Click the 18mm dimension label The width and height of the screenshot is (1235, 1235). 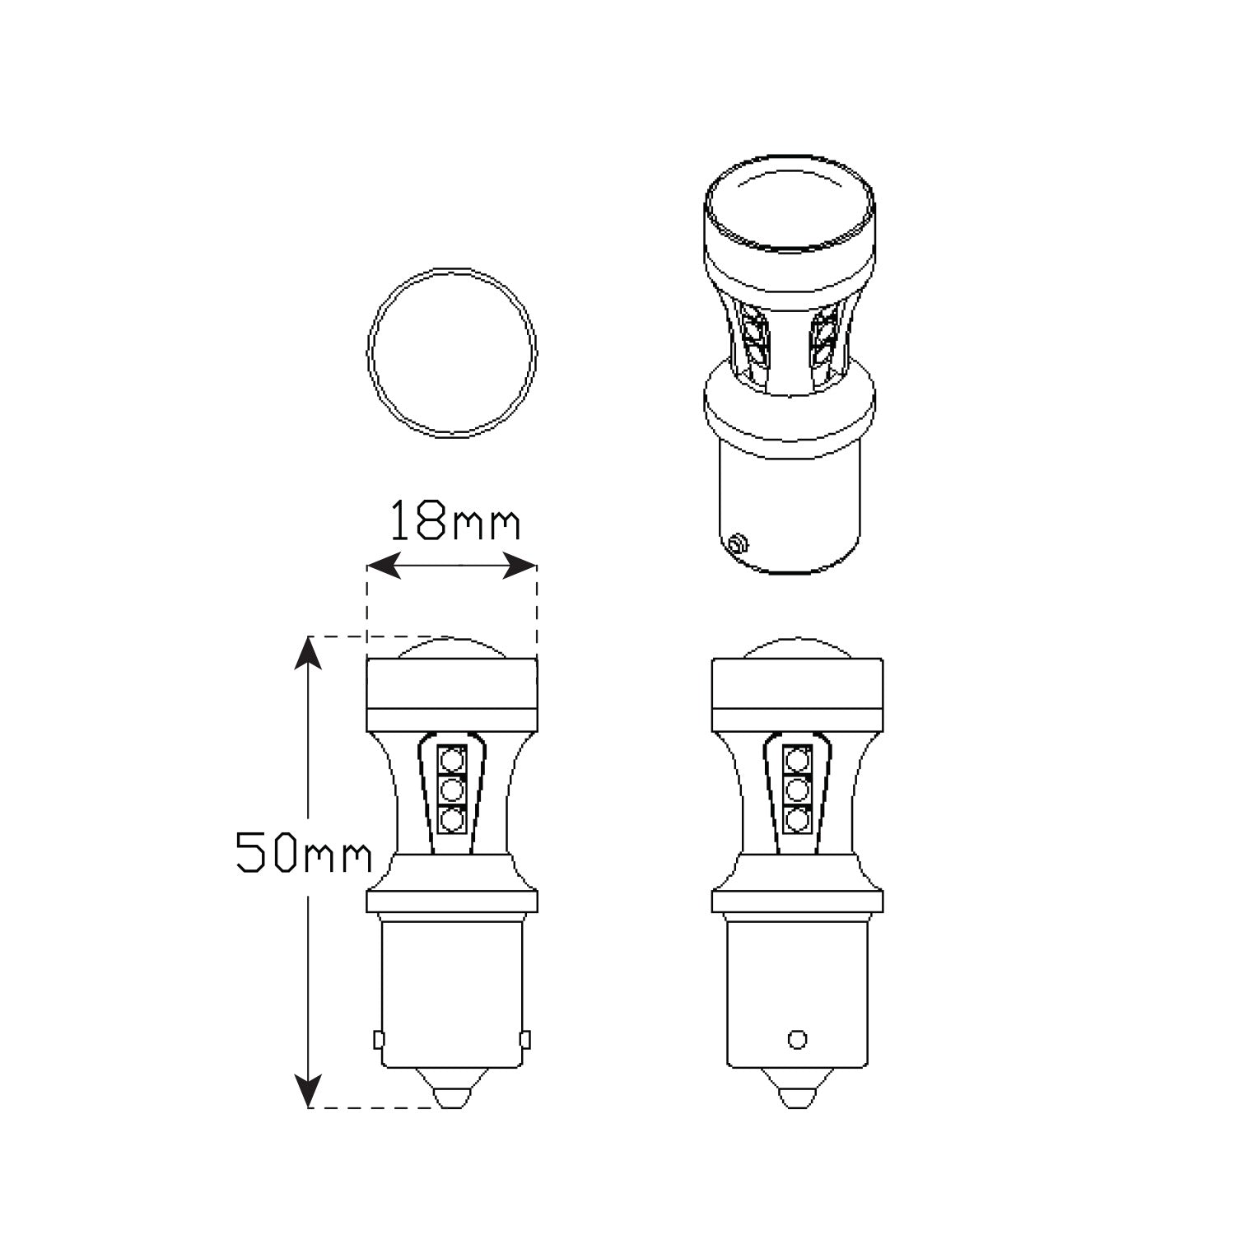454,520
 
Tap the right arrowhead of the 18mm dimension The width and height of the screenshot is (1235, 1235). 520,566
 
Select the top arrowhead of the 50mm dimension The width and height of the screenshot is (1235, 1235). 308,652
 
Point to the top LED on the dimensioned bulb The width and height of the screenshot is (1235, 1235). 451,758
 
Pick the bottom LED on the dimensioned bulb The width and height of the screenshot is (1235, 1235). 451,820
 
